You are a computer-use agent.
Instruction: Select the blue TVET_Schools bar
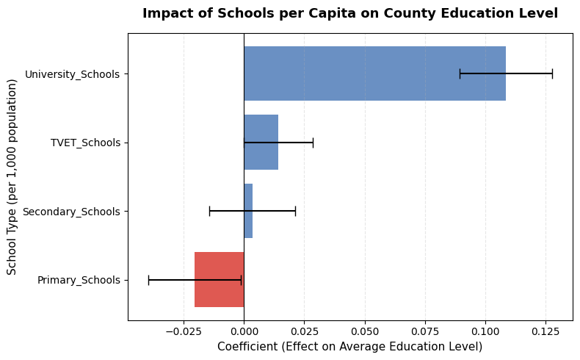pyautogui.click(x=261, y=143)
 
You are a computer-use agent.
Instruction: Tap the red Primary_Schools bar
pyautogui.click(x=219, y=280)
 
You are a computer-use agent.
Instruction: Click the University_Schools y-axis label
pyautogui.click(x=72, y=74)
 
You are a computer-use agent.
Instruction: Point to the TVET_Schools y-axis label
pyautogui.click(x=85, y=143)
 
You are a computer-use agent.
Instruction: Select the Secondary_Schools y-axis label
pyautogui.click(x=71, y=212)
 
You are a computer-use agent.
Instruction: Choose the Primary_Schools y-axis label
pyautogui.click(x=79, y=280)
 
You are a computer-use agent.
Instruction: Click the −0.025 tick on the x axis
pyautogui.click(x=184, y=331)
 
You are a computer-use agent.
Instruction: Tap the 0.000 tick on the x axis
pyautogui.click(x=244, y=331)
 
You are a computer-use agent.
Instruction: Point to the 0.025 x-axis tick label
pyautogui.click(x=304, y=331)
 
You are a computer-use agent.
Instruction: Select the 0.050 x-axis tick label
pyautogui.click(x=364, y=331)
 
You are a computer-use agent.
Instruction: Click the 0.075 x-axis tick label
pyautogui.click(x=425, y=331)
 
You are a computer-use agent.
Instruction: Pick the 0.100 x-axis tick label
pyautogui.click(x=485, y=331)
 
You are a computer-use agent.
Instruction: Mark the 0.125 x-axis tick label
pyautogui.click(x=545, y=331)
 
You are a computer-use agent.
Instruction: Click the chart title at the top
pyautogui.click(x=350, y=13)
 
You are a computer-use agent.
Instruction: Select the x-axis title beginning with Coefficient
pyautogui.click(x=350, y=346)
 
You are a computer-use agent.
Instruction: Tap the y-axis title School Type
pyautogui.click(x=12, y=177)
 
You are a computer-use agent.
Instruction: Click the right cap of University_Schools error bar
pyautogui.click(x=552, y=73)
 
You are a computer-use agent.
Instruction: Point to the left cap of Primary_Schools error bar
pyautogui.click(x=148, y=280)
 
